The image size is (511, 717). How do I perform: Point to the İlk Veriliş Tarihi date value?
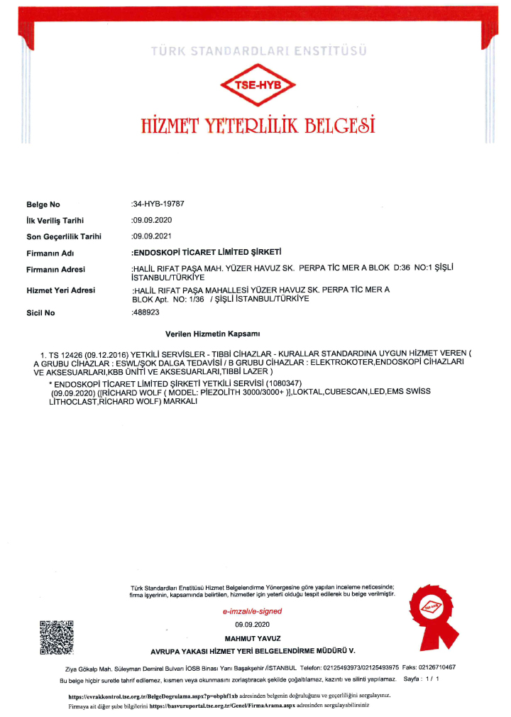[153, 220]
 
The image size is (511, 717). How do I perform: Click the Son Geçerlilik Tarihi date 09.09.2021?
[153, 236]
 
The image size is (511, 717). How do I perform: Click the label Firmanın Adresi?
[55, 269]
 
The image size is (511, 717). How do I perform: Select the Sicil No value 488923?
[145, 312]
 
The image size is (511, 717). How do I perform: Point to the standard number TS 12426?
[62, 353]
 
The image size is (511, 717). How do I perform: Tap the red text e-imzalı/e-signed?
[253, 611]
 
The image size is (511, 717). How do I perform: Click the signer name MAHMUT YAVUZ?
[253, 638]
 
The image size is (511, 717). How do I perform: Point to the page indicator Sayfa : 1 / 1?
[422, 679]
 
